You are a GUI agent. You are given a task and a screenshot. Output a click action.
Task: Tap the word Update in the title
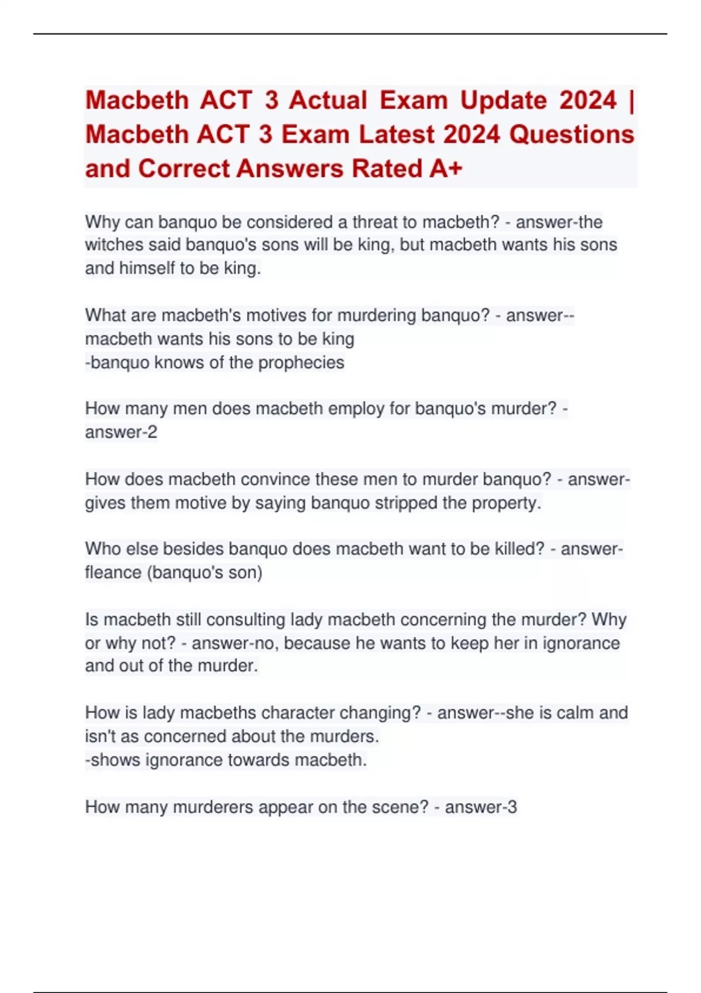pyautogui.click(x=503, y=100)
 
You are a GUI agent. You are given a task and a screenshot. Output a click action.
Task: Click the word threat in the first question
pyautogui.click(x=379, y=222)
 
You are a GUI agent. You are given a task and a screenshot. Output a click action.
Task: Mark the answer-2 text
pyautogui.click(x=121, y=432)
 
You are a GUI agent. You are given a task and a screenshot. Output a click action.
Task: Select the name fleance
pyautogui.click(x=113, y=572)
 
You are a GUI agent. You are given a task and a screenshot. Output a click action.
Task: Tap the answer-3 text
pyautogui.click(x=481, y=807)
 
